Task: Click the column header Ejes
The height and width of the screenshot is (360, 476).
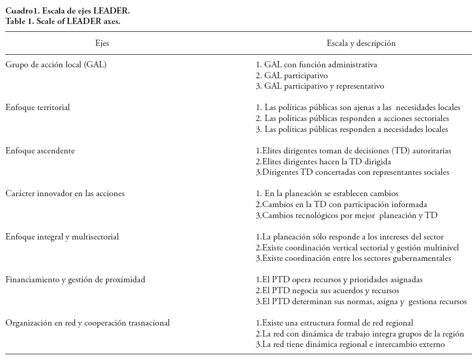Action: click(102, 44)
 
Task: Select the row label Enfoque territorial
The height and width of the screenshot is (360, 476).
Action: click(38, 107)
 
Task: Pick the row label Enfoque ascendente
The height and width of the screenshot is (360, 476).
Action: click(40, 151)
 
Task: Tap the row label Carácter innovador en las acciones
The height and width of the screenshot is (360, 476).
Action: click(65, 194)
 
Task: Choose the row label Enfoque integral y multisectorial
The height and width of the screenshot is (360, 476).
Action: click(62, 237)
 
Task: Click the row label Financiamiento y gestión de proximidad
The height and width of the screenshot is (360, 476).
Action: click(75, 280)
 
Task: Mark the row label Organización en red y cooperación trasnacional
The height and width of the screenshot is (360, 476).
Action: click(88, 323)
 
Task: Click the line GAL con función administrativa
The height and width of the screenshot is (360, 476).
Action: click(316, 65)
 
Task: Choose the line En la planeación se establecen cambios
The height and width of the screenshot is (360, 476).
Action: click(327, 194)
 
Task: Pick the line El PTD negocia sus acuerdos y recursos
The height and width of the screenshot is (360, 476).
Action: click(326, 291)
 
